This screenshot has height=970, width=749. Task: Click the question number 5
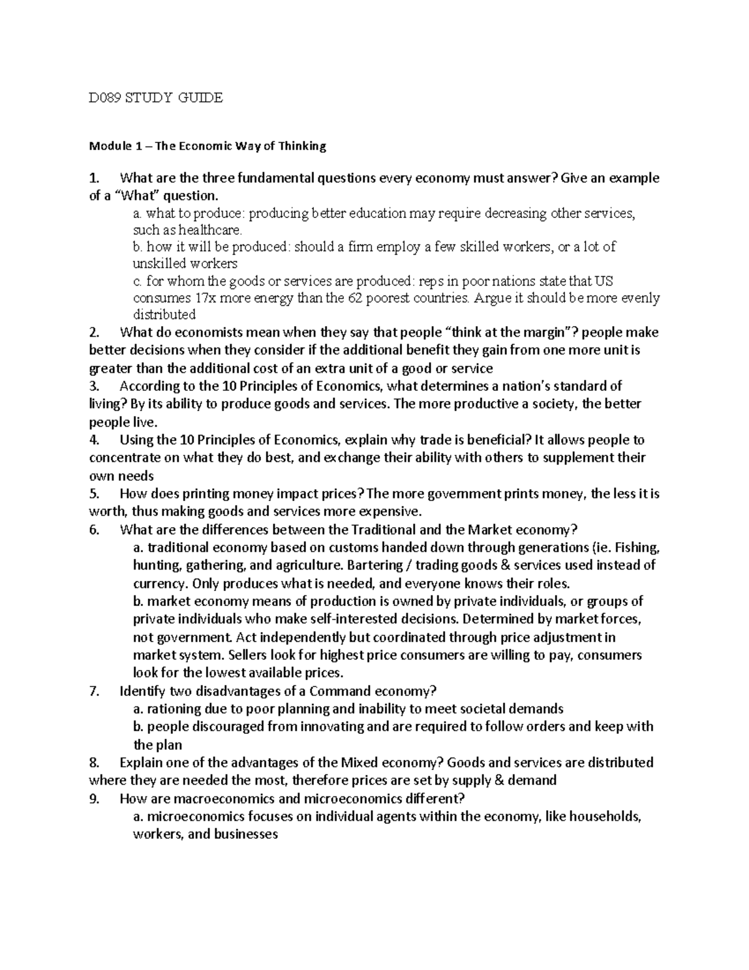point(94,494)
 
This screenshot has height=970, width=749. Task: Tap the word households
point(605,816)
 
